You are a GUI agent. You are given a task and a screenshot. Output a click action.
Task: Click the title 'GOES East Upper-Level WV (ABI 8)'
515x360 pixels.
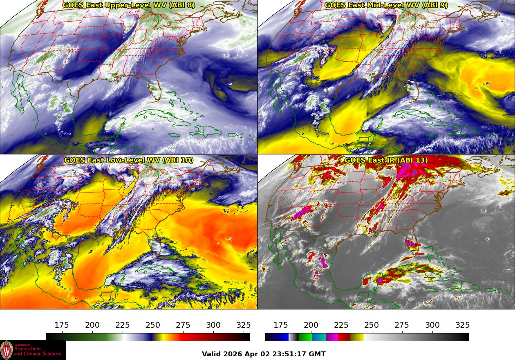click(129, 5)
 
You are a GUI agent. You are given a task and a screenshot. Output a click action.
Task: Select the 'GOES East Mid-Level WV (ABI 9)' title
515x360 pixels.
click(386, 5)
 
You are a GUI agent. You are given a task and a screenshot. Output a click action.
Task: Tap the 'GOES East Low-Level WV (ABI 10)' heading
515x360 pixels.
click(129, 160)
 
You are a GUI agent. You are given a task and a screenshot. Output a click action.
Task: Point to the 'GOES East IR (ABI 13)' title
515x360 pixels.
click(386, 160)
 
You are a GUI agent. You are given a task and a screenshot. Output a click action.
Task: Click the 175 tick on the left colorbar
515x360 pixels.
click(62, 325)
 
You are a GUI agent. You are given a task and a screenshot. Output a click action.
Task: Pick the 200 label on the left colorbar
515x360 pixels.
click(92, 325)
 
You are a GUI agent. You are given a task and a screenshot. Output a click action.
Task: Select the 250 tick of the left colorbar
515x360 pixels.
click(153, 325)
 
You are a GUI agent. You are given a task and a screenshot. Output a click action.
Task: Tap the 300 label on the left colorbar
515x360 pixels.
click(213, 325)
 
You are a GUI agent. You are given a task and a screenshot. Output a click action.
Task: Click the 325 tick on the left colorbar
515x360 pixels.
click(244, 325)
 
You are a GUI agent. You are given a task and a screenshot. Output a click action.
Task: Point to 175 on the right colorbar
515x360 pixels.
click(280, 325)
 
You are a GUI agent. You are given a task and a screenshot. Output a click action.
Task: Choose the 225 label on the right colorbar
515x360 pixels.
click(341, 325)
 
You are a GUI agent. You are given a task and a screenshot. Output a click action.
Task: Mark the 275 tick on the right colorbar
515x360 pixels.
click(402, 325)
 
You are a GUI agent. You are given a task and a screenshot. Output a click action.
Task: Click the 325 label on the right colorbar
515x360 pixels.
click(462, 325)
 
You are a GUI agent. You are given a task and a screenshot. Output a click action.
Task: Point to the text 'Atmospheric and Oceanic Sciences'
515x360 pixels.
click(38, 351)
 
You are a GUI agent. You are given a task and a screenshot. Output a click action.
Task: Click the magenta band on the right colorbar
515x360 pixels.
click(332, 337)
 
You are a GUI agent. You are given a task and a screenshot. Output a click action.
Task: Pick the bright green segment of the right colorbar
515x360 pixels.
click(305, 337)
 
